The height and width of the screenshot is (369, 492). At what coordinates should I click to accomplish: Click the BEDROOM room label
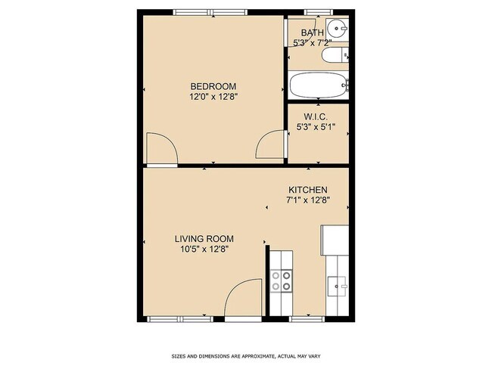coord(213,85)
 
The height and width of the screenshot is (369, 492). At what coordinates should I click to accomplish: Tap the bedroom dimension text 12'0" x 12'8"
coord(213,96)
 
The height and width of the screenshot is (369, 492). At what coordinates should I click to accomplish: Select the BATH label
coord(312,33)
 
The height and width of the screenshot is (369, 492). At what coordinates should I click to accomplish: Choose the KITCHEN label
coord(308,190)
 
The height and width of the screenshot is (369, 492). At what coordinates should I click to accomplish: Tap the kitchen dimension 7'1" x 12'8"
coord(308,200)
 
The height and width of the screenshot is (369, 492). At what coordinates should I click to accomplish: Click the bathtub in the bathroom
coord(319,85)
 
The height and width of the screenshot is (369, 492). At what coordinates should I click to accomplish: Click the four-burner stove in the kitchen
coord(282,281)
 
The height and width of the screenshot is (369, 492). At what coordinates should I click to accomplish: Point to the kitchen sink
coord(338,287)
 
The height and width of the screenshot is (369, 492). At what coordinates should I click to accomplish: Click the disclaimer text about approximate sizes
coord(245,355)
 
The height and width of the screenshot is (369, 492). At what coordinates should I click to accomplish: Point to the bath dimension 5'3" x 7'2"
coord(312,42)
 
